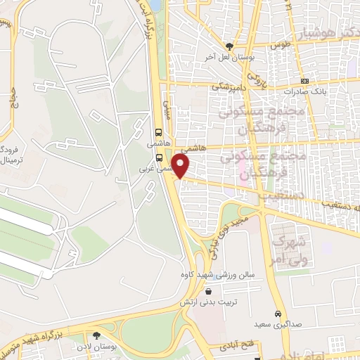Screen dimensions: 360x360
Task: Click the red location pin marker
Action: (x=181, y=166)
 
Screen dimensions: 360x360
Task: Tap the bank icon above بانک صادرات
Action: (x=304, y=81)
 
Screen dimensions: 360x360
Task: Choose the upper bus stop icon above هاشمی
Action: (x=158, y=132)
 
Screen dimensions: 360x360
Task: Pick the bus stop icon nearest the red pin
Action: (x=160, y=158)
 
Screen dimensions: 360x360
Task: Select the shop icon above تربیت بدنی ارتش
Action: (x=207, y=291)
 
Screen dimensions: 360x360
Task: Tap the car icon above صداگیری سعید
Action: (x=278, y=314)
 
